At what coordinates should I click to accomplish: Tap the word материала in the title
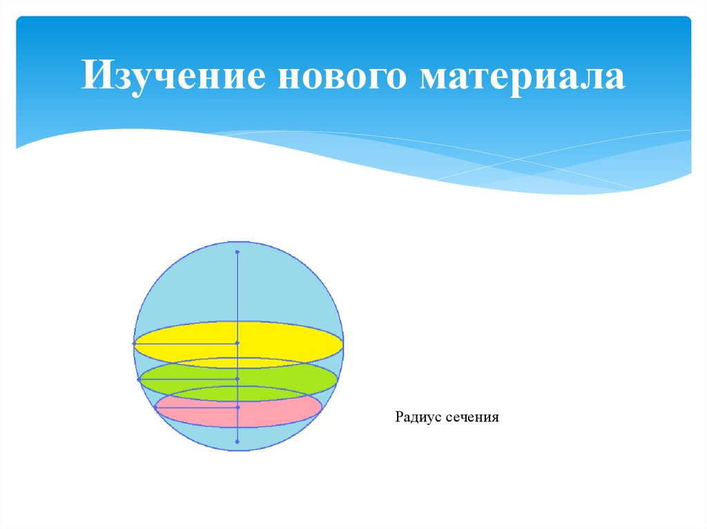point(521,76)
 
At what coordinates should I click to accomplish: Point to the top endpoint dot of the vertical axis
point(237,252)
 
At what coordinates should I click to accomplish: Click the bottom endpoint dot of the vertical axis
point(237,441)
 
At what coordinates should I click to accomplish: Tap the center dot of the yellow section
point(237,343)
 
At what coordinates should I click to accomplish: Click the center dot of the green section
point(237,379)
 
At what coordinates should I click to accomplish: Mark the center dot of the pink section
point(237,408)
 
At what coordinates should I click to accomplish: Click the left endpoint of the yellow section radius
point(134,343)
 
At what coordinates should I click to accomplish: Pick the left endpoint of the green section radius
point(139,379)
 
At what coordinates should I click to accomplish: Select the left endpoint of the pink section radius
point(156,408)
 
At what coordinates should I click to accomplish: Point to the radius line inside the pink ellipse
point(196,408)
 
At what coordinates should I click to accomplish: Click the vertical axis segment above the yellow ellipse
point(237,290)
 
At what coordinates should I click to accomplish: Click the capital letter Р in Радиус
point(399,417)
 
